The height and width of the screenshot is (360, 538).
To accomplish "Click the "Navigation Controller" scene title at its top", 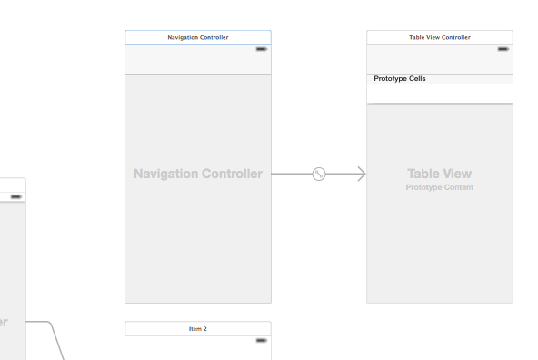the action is [198, 37].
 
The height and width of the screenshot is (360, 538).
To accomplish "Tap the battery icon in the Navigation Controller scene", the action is [262, 48].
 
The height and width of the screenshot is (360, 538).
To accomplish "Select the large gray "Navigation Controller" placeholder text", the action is [197, 174].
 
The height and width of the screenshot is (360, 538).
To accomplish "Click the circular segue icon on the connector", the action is [319, 174].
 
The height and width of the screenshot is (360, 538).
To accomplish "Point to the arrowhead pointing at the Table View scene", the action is [362, 174].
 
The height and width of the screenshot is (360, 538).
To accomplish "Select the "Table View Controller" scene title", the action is [440, 37].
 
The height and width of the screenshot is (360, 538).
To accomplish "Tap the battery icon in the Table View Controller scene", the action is [503, 48].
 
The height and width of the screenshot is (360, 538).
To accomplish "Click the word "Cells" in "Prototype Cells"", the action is [417, 79].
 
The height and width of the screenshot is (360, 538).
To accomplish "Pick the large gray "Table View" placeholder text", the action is [440, 173].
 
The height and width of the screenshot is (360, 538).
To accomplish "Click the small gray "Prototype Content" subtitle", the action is [440, 187].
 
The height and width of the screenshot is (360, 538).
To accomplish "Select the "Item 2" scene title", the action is [197, 328].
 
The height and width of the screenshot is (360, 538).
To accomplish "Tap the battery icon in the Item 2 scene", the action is [262, 340].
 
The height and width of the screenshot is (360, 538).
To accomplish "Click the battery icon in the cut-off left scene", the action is [16, 196].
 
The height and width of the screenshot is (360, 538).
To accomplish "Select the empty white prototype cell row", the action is [440, 93].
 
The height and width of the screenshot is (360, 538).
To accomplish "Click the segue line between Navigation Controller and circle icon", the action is [291, 174].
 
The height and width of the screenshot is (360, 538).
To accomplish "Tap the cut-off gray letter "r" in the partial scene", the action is [5, 321].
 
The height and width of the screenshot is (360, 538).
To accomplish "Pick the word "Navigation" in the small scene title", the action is [184, 37].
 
